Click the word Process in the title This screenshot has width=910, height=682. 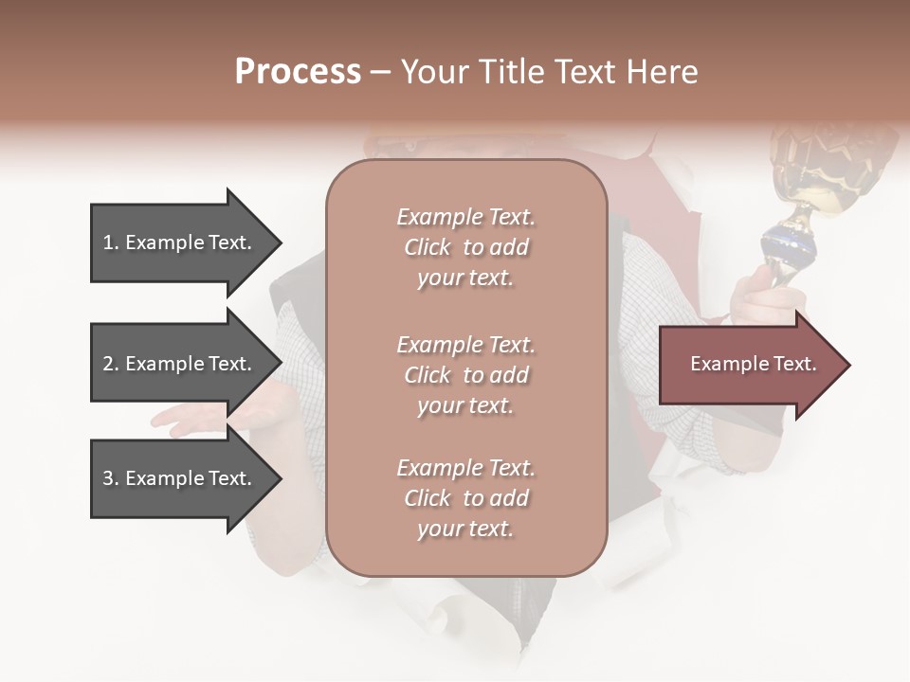click(x=298, y=72)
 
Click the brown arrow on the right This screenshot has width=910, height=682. click(x=749, y=365)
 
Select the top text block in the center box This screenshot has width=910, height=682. click(x=465, y=247)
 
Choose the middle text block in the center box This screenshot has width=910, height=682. click(x=465, y=375)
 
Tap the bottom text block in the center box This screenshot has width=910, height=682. click(x=465, y=498)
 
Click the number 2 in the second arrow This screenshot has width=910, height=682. click(x=108, y=364)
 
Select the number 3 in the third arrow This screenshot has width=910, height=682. click(x=108, y=478)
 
